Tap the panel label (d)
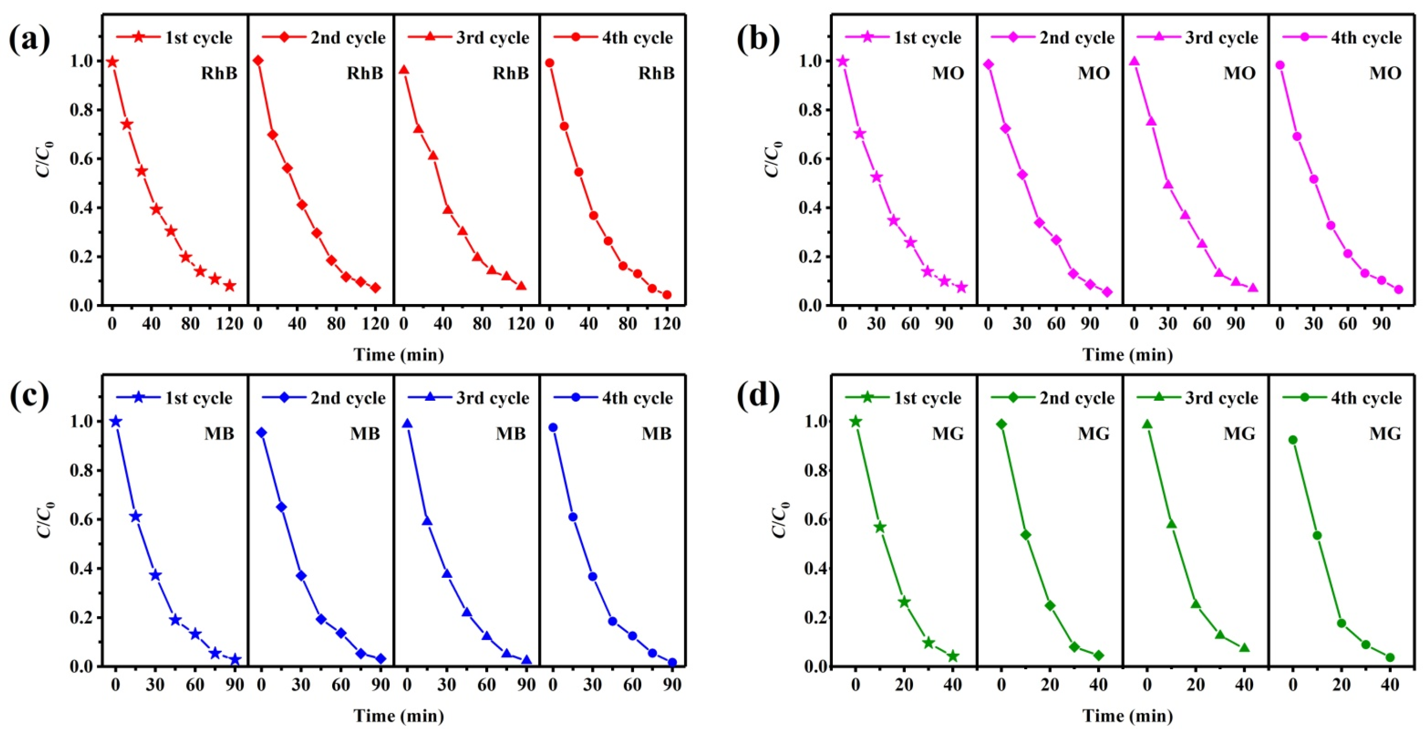pyautogui.click(x=758, y=396)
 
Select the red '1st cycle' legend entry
pyautogui.click(x=174, y=37)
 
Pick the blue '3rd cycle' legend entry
pyautogui.click(x=468, y=398)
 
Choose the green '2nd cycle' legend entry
pyautogui.click(x=1052, y=398)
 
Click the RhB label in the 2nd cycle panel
pyautogui.click(x=365, y=73)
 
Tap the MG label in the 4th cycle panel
pyautogui.click(x=1385, y=434)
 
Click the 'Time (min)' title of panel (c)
pyautogui.click(x=399, y=716)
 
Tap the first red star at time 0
pyautogui.click(x=112, y=62)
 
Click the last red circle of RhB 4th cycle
pyautogui.click(x=667, y=295)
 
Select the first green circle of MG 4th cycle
pyautogui.click(x=1293, y=440)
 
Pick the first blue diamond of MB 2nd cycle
pyautogui.click(x=262, y=432)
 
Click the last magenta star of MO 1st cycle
pyautogui.click(x=961, y=287)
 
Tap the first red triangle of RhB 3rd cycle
pyautogui.click(x=404, y=70)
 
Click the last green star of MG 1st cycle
pyautogui.click(x=953, y=657)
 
